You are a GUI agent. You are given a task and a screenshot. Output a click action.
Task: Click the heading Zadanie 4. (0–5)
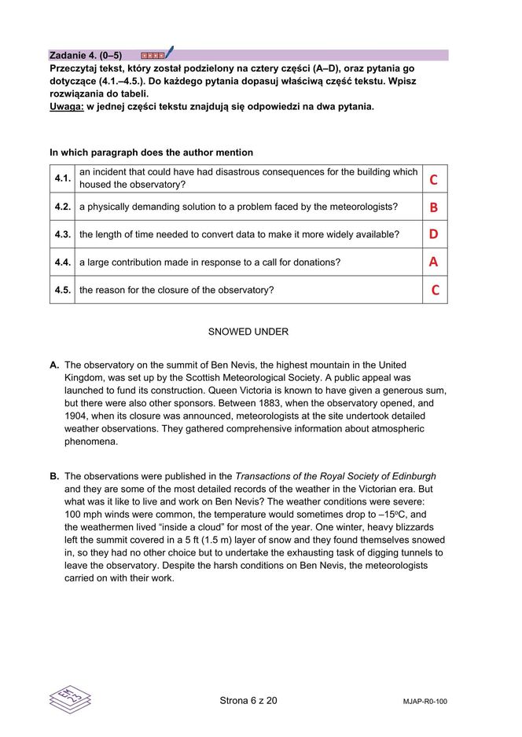point(86,56)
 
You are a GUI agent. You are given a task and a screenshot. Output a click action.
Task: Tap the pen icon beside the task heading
point(168,53)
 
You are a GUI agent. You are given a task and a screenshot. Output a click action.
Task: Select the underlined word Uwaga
point(66,106)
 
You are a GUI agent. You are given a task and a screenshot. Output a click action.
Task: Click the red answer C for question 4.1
point(433,180)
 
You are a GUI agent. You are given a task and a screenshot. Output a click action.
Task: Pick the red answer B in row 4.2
point(433,207)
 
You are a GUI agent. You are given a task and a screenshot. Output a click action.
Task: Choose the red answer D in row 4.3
point(433,234)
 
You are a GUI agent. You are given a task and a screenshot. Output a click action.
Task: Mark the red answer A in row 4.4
point(433,262)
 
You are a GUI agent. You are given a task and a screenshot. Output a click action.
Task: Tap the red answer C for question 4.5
point(435,291)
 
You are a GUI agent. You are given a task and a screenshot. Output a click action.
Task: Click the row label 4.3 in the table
point(63,234)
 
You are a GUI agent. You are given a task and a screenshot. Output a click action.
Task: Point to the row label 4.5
point(63,290)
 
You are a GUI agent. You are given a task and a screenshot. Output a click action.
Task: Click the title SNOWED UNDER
point(248,332)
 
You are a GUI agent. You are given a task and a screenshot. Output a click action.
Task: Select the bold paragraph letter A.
point(54,365)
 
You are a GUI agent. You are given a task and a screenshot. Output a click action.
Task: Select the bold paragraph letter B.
point(54,476)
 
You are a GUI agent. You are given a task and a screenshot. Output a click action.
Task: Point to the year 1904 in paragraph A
point(77,416)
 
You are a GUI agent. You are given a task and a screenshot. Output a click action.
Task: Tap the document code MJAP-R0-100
point(424,702)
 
